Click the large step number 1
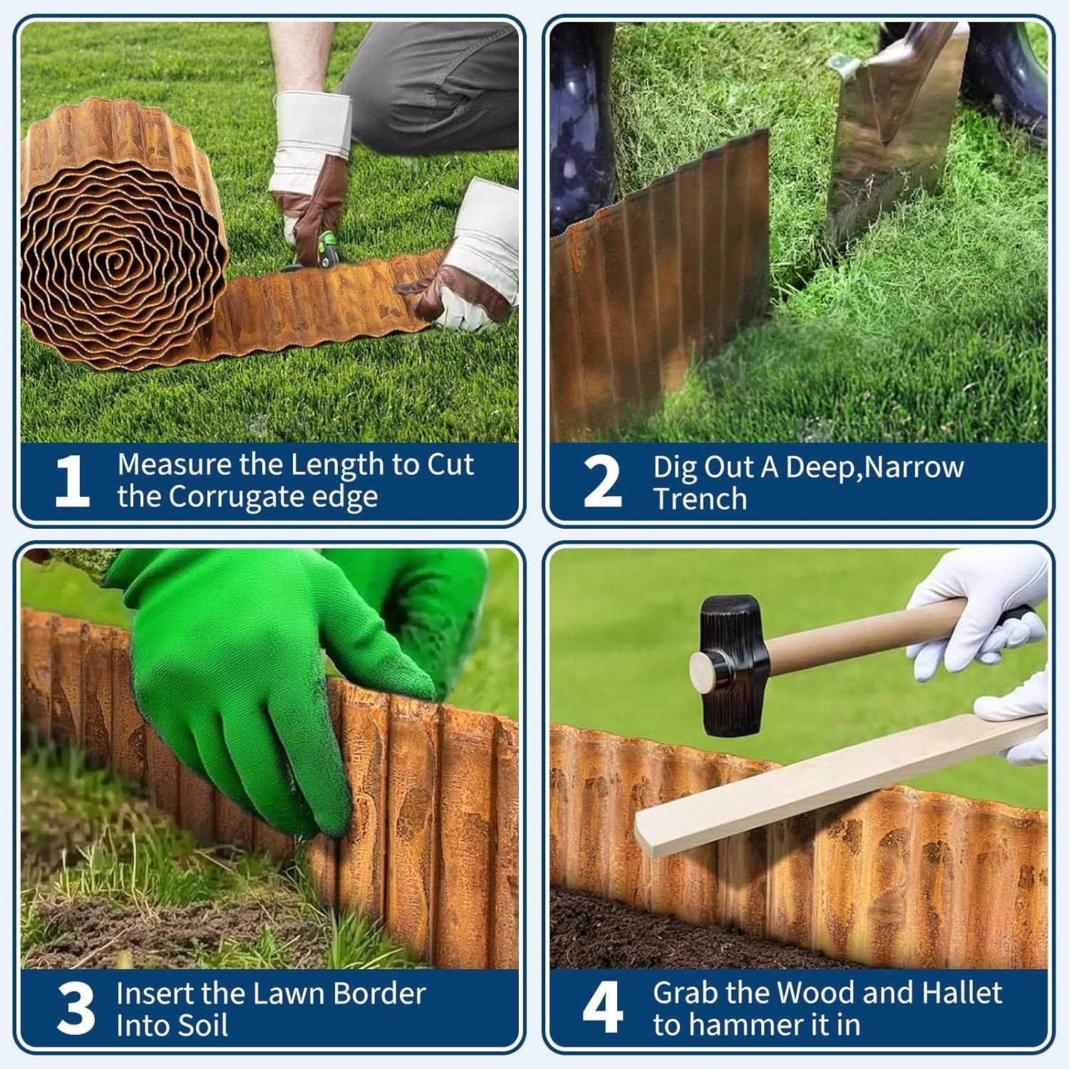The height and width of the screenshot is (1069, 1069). pyautogui.click(x=72, y=481)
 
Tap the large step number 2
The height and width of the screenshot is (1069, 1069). pyautogui.click(x=602, y=482)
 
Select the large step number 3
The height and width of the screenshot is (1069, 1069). pyautogui.click(x=76, y=1008)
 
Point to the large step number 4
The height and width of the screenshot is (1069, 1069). pyautogui.click(x=603, y=1008)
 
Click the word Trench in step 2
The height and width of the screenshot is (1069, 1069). pyautogui.click(x=700, y=499)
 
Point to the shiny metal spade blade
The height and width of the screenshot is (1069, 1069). pyautogui.click(x=891, y=143)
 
